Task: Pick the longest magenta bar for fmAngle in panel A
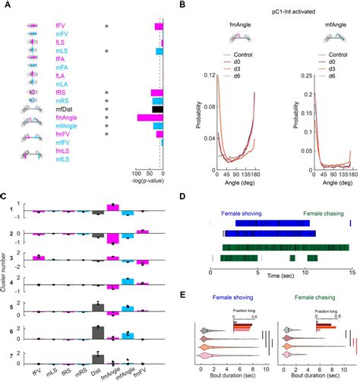pyautogui.click(x=148, y=118)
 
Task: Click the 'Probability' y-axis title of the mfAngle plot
pyautogui.click(x=285, y=121)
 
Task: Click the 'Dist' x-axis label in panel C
pyautogui.click(x=97, y=373)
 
